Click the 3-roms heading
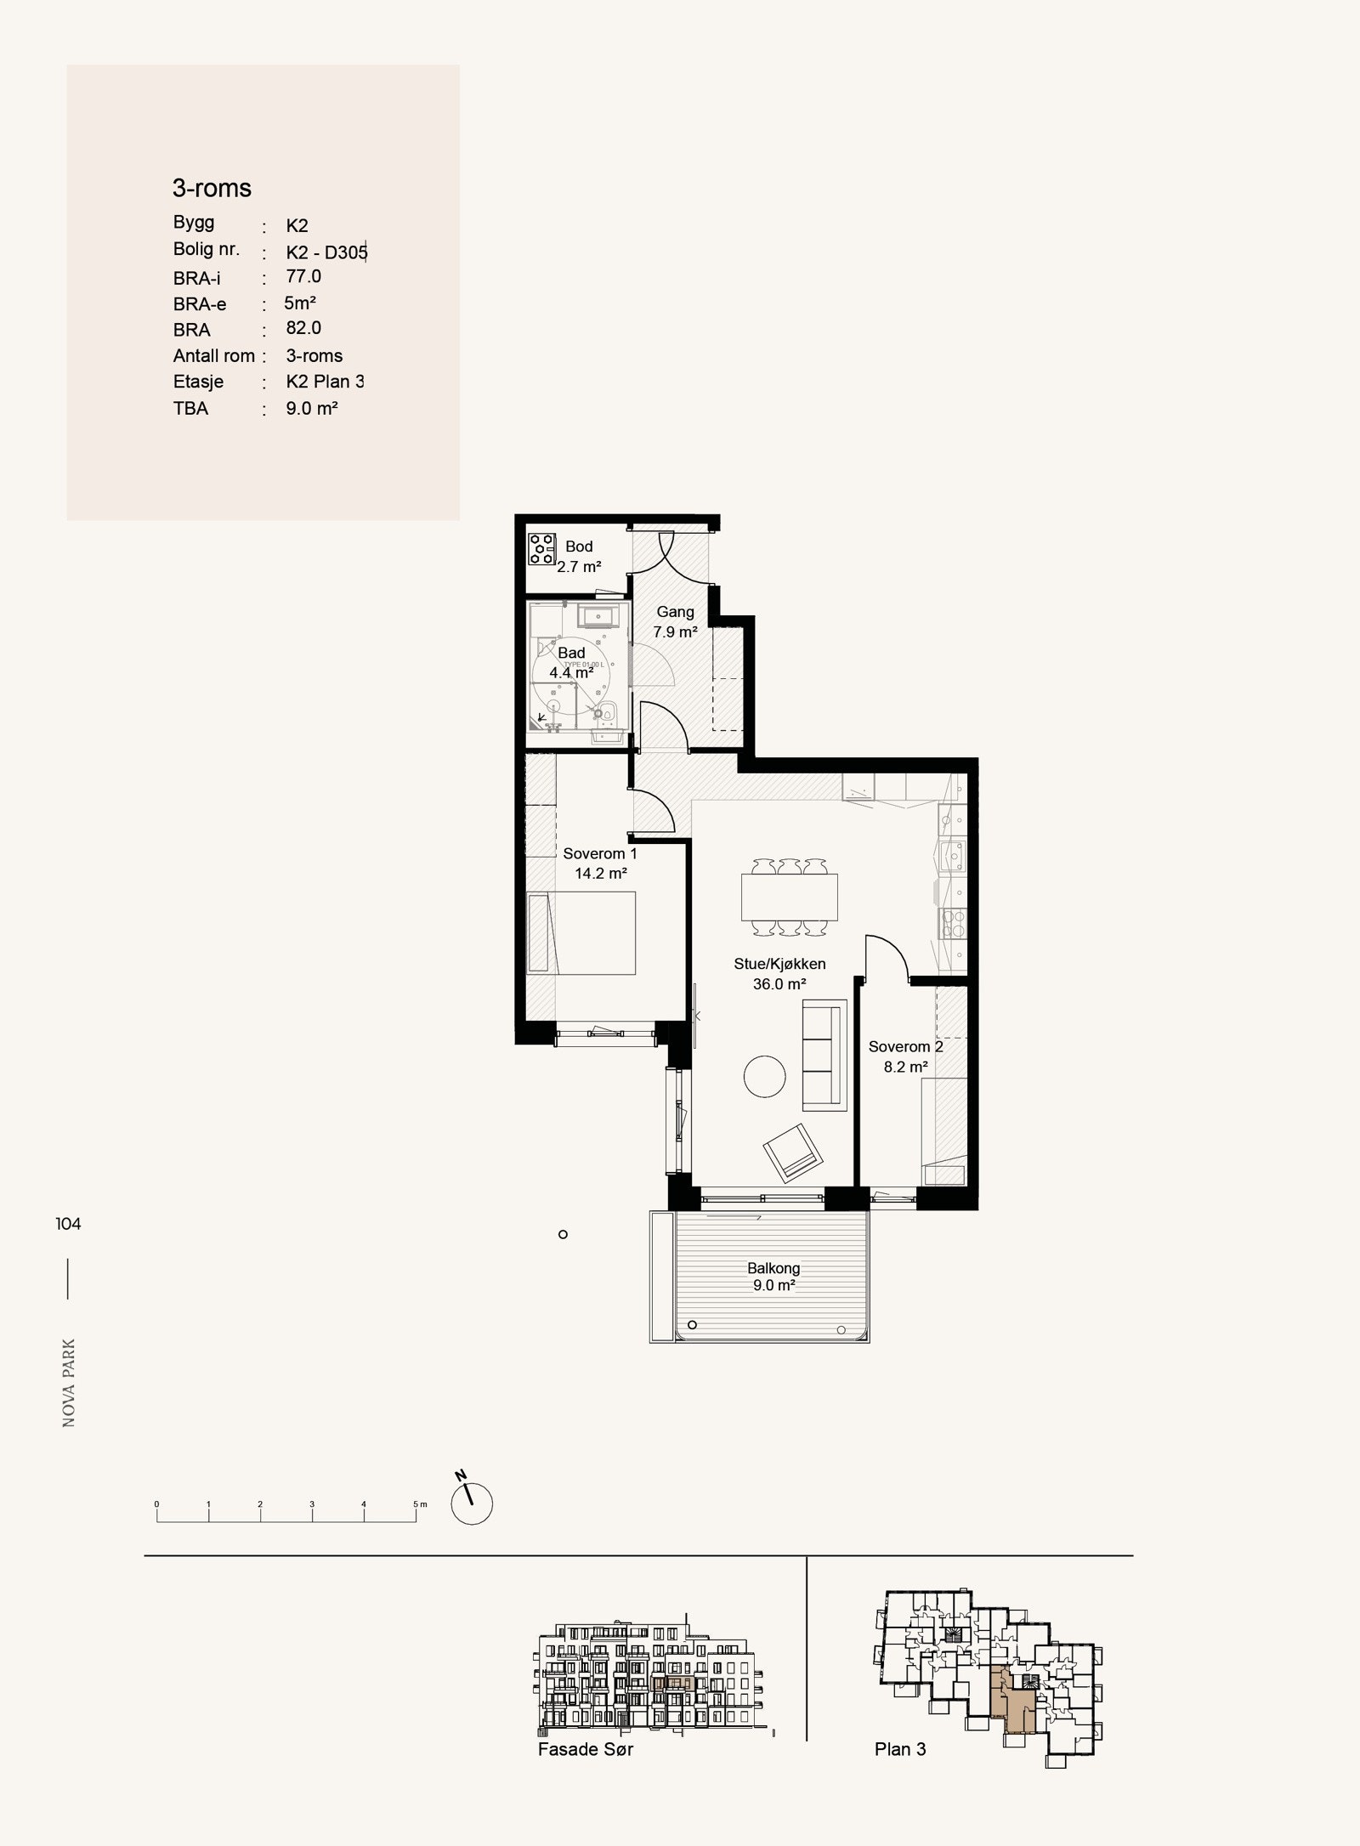[x=212, y=188]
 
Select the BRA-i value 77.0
[x=303, y=276]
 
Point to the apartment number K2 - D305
[x=326, y=252]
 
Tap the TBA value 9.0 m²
[x=312, y=408]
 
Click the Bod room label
[x=579, y=546]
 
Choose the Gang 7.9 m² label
[x=676, y=621]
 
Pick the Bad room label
[x=571, y=653]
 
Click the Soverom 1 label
[x=600, y=853]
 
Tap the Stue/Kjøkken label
[x=779, y=964]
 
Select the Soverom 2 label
[x=905, y=1046]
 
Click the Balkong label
[x=773, y=1268]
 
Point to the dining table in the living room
[x=790, y=897]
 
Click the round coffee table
[x=765, y=1077]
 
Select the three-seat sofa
[x=824, y=1055]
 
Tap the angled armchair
[x=795, y=1151]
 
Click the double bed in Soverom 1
[x=581, y=932]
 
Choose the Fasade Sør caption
[x=586, y=1748]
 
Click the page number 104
[x=68, y=1224]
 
